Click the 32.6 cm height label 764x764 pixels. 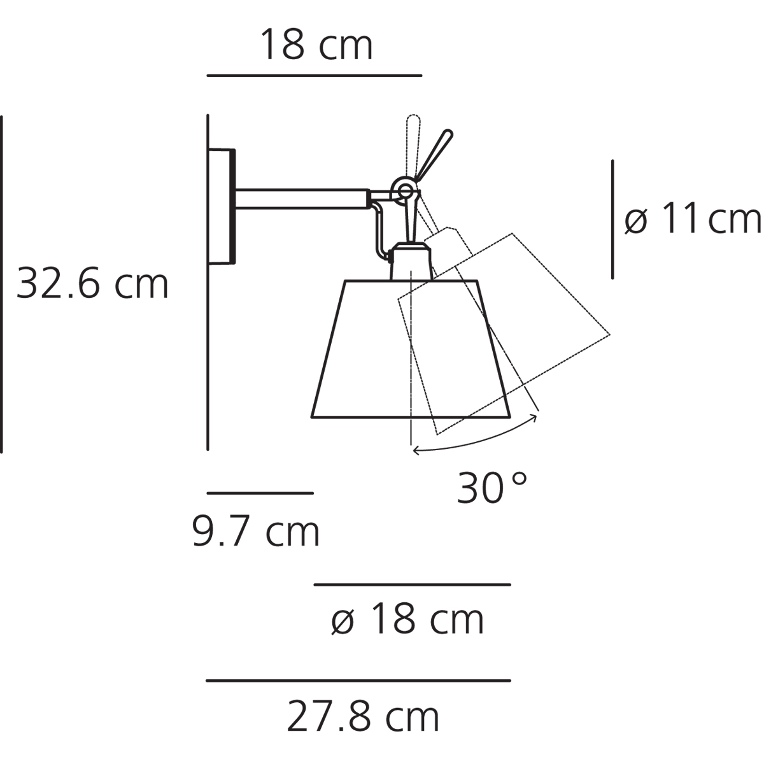(x=92, y=283)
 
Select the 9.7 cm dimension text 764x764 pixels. (x=255, y=530)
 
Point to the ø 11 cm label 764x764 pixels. (x=692, y=218)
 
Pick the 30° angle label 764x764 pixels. (x=492, y=486)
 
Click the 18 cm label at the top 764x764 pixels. (x=316, y=44)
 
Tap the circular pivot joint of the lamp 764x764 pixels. (x=405, y=192)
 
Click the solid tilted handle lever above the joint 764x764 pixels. (x=433, y=155)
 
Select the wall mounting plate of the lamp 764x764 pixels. (x=221, y=206)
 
